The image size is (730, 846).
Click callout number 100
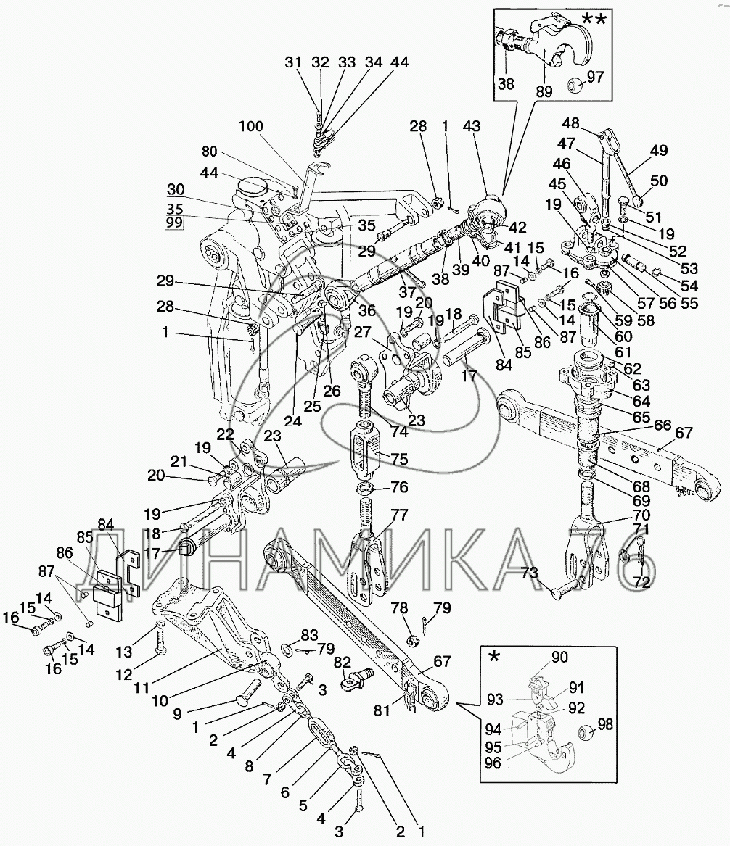click(251, 126)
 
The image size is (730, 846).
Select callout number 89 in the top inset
click(544, 92)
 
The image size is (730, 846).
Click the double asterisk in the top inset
click(593, 20)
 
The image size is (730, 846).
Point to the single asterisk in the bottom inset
click(493, 658)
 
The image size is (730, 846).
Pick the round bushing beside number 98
click(586, 734)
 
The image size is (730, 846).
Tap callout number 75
click(399, 459)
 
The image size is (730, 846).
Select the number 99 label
click(174, 223)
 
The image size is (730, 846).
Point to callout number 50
click(659, 181)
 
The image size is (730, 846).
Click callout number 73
click(529, 573)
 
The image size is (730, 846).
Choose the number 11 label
click(142, 688)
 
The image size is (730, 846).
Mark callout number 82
click(343, 662)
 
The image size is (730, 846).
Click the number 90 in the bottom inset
click(560, 657)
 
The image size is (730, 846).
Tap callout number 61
click(623, 352)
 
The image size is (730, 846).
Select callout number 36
click(367, 310)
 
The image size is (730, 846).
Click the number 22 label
click(226, 434)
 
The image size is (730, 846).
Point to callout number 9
click(177, 714)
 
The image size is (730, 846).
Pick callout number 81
click(382, 710)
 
